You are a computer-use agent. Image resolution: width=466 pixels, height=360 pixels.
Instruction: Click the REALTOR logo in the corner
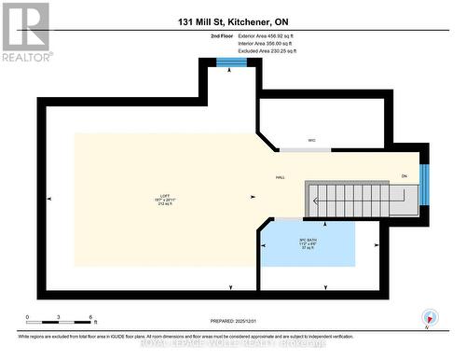coord(26,31)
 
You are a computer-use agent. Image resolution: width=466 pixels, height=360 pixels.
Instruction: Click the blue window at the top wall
coord(231,62)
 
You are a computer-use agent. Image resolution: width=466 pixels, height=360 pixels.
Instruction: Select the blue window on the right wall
coord(423,184)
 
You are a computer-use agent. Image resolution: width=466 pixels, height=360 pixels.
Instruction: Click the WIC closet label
coord(312,141)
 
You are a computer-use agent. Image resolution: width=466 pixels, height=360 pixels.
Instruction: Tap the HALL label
coord(280,177)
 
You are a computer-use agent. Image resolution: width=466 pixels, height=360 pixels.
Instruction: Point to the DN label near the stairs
coord(404,177)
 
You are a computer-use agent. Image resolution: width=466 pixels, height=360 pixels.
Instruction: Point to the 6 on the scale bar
coord(90,318)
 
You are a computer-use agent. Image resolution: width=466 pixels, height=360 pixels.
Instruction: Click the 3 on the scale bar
coord(59,318)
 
